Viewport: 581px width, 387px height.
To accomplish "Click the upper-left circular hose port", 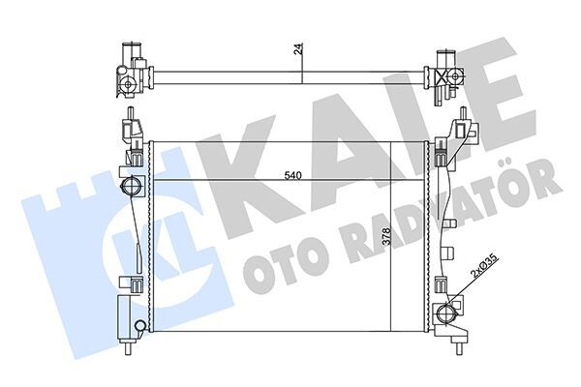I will click(129, 186).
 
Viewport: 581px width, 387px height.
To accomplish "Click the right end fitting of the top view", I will click(448, 73).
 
